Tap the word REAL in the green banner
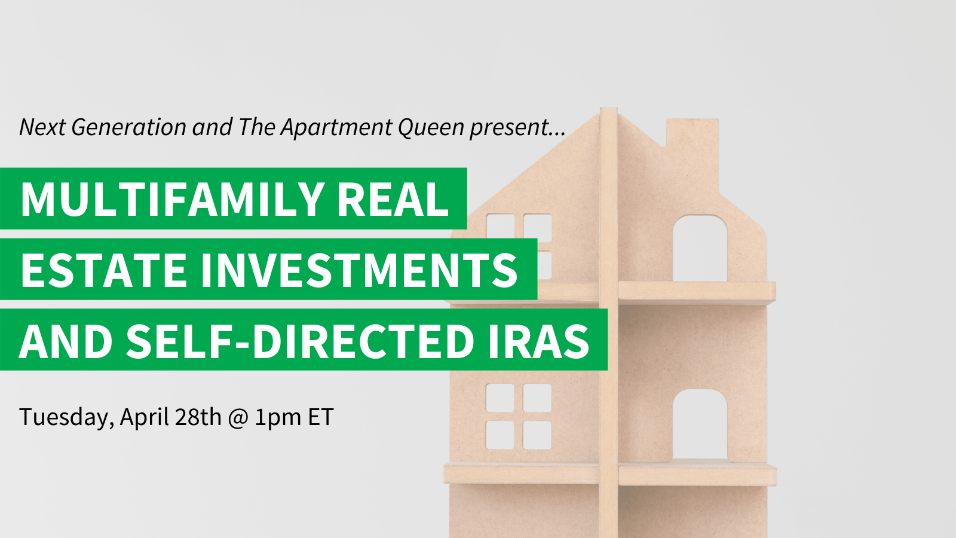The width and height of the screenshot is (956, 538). [x=393, y=199]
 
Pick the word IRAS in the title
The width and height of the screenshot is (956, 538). [x=539, y=341]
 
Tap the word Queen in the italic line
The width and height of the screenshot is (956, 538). [x=431, y=127]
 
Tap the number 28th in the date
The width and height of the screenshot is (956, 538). [x=198, y=417]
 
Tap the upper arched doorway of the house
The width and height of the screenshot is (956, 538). [x=700, y=248]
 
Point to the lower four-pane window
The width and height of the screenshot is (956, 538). [x=519, y=416]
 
